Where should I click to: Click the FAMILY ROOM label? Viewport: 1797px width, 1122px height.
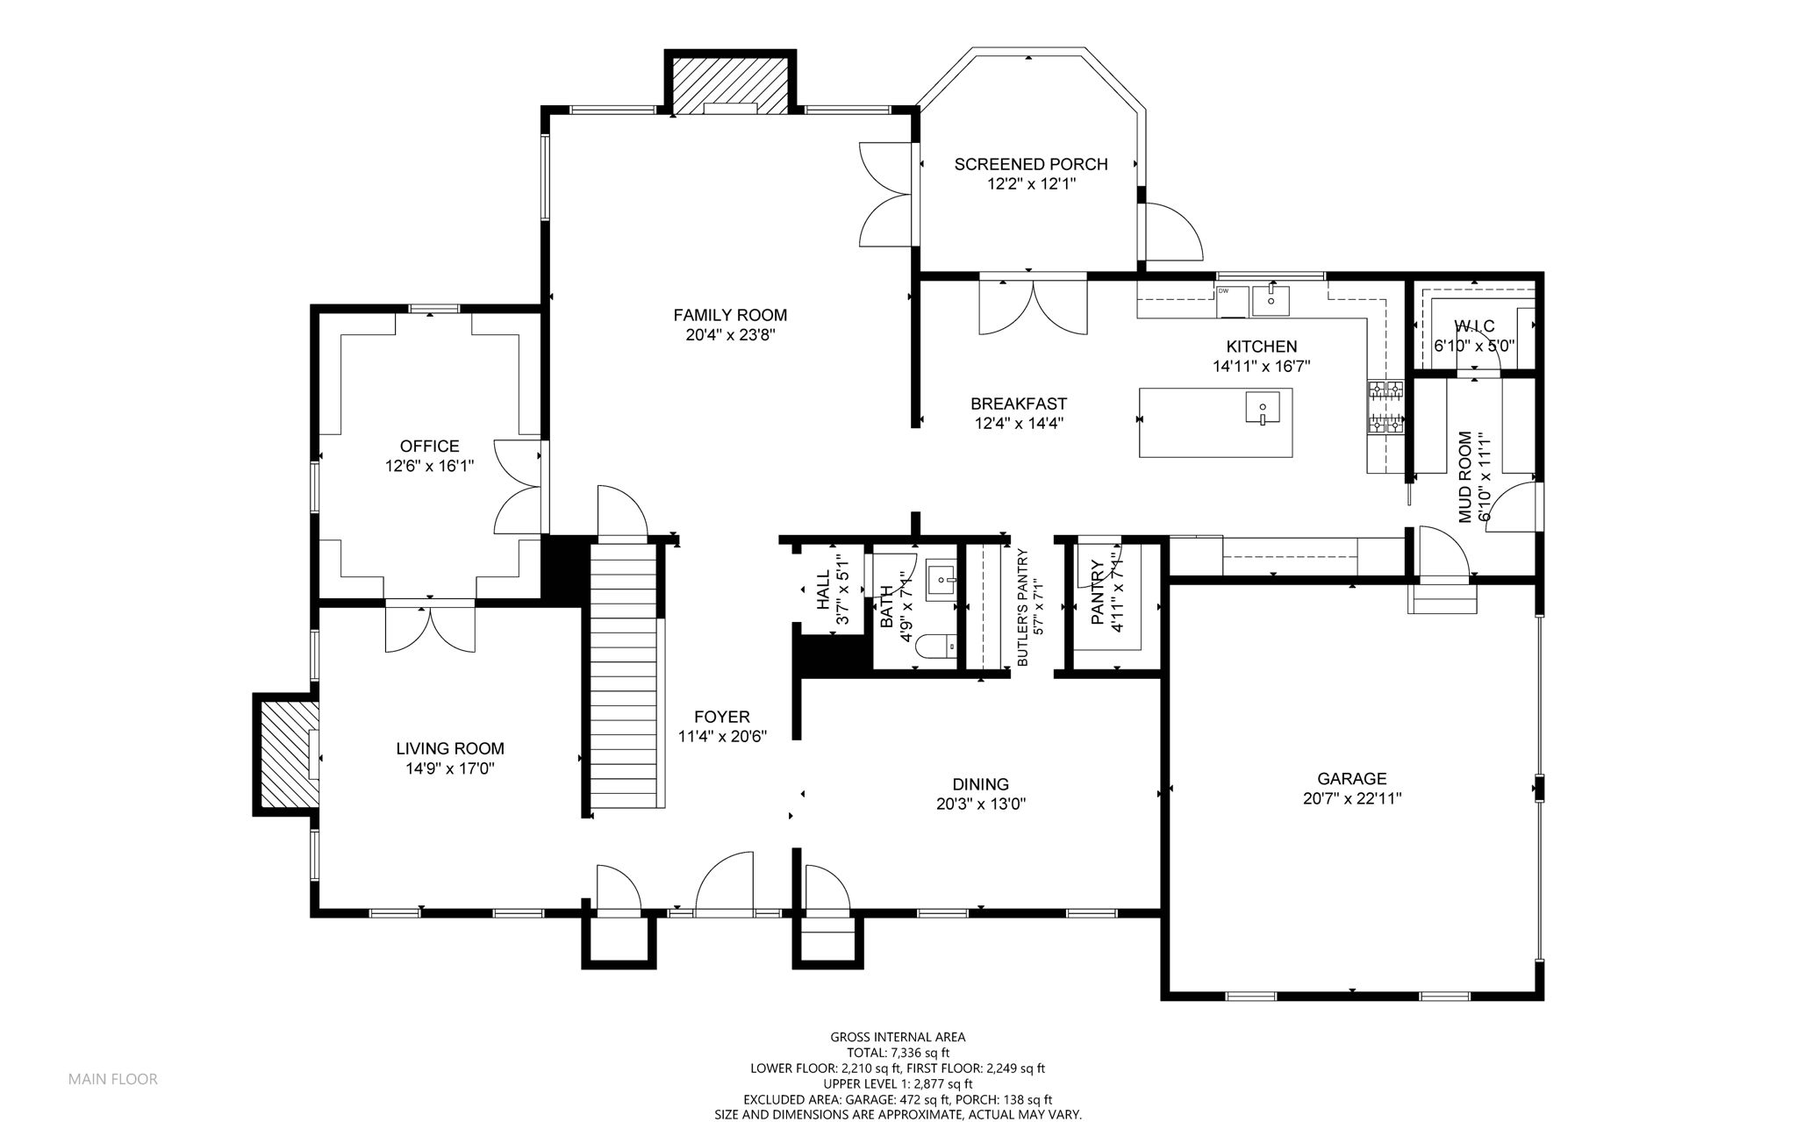[x=730, y=315]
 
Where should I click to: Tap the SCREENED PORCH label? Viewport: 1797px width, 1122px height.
[x=1031, y=164]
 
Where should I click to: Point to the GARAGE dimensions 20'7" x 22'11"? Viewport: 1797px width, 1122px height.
[x=1352, y=799]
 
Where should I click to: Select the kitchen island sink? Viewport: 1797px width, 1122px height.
[x=1262, y=408]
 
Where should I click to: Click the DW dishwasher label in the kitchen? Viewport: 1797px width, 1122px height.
[x=1222, y=290]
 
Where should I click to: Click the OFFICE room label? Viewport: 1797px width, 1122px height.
[x=430, y=447]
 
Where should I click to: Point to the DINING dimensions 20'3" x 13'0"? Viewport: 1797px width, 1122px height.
[x=981, y=804]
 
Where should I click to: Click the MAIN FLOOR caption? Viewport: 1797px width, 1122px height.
[x=113, y=1079]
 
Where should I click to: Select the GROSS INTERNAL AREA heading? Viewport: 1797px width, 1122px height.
[x=898, y=1037]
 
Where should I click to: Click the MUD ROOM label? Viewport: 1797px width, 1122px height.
[x=1465, y=477]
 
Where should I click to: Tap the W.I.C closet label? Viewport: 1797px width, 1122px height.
[x=1474, y=327]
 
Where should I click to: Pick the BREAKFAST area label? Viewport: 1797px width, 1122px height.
[x=1019, y=404]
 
